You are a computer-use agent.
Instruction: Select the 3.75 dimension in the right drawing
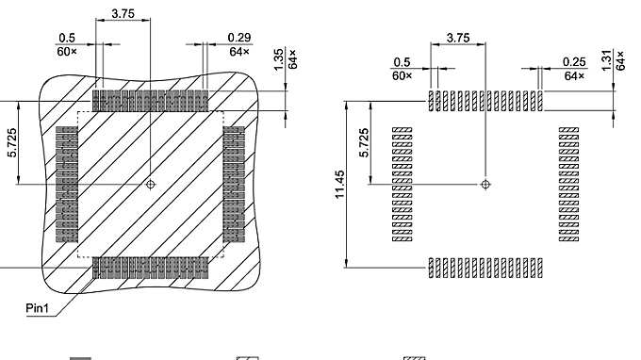tap(458, 38)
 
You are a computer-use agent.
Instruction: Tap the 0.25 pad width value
tap(573, 61)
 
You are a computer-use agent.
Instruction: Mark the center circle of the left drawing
tap(151, 185)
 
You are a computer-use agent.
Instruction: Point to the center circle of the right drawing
tap(485, 185)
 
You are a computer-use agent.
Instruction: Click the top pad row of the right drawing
tap(485, 100)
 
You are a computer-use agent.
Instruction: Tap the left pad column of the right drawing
tap(403, 185)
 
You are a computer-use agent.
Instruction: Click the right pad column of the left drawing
tap(234, 185)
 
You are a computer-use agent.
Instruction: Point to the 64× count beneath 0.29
tap(238, 49)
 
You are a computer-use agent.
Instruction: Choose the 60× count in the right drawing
tap(403, 74)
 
